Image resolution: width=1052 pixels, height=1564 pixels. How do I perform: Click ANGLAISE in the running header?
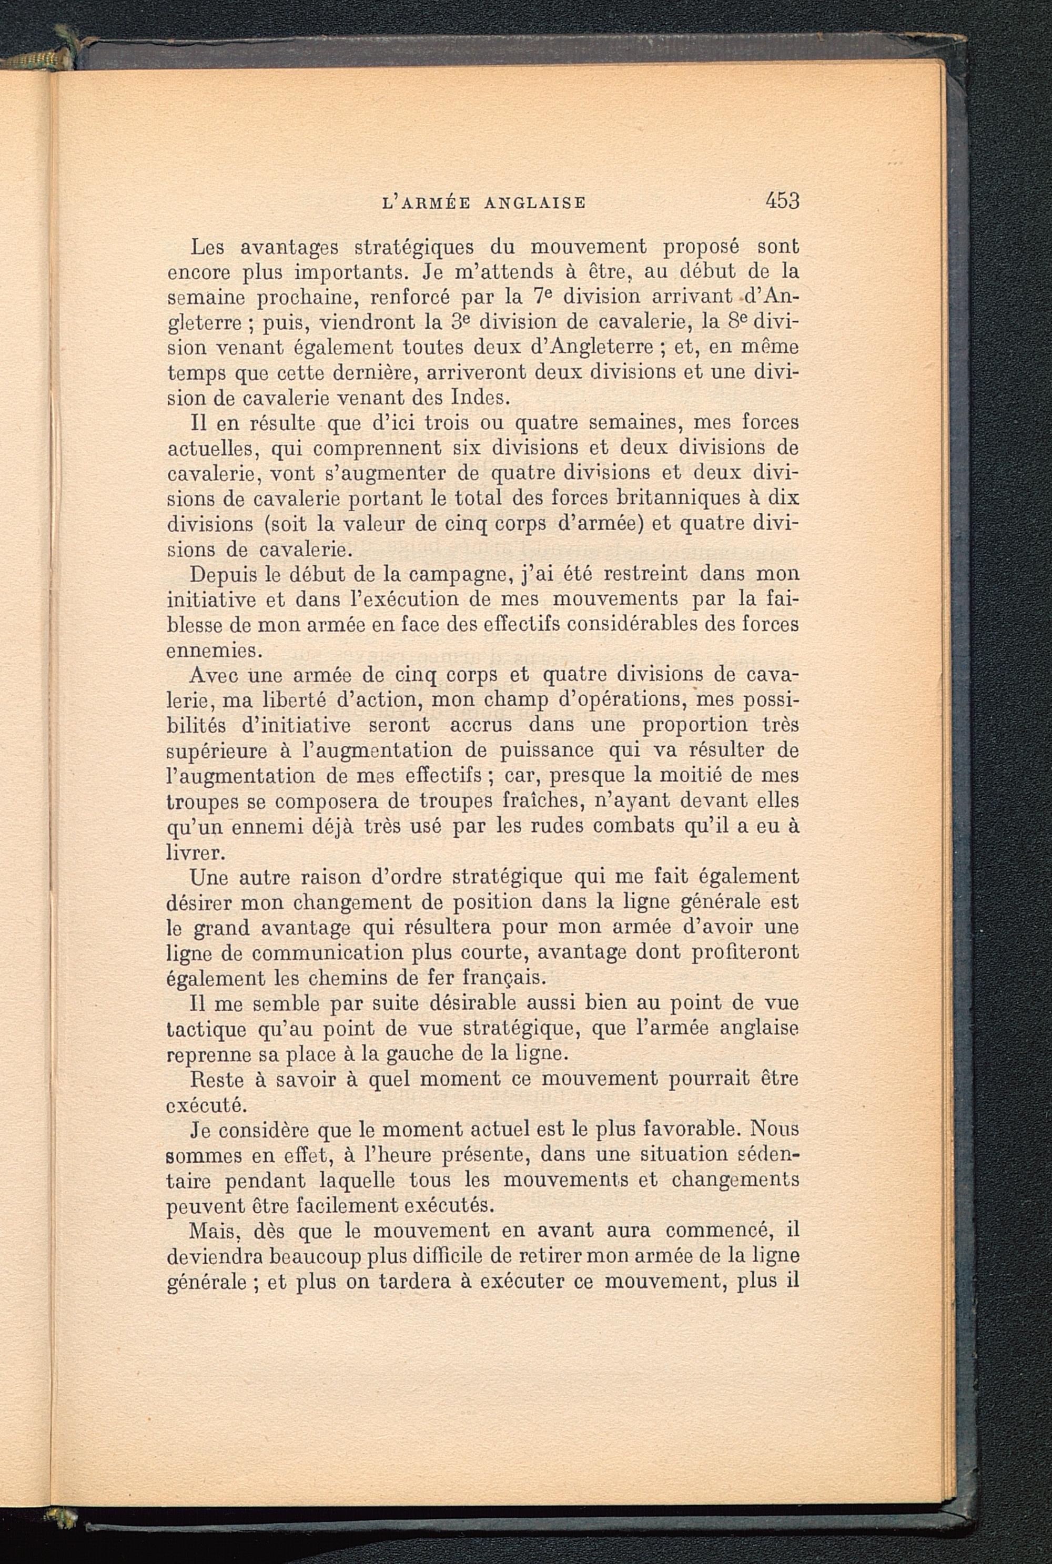[535, 202]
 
